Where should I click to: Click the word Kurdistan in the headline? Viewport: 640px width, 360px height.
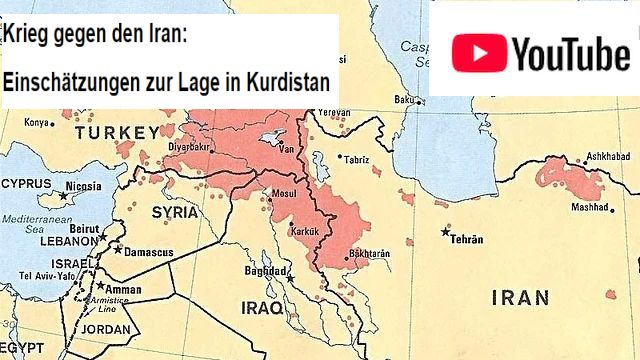click(x=284, y=82)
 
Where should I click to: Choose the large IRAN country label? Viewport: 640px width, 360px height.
click(x=520, y=297)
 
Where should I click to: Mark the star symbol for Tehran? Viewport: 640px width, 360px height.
click(x=446, y=232)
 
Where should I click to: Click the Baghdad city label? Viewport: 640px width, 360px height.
click(x=265, y=271)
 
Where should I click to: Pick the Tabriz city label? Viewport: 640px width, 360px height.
click(x=356, y=160)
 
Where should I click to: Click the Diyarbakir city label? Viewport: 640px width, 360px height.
click(x=189, y=146)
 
